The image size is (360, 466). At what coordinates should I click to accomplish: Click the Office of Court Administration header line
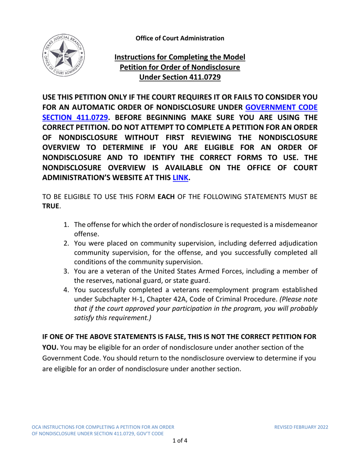[x=180, y=38]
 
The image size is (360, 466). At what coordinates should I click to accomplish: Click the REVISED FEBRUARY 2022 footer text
[x=301, y=427]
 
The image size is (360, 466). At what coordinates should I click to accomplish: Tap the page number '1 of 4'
[x=180, y=440]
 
